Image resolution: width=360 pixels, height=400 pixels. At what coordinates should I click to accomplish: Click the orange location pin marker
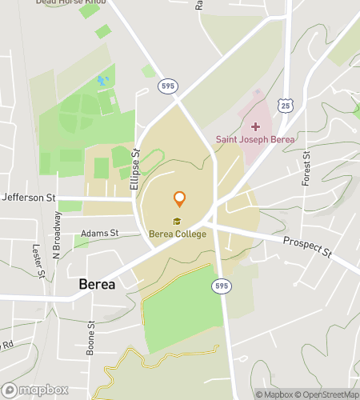[x=180, y=199]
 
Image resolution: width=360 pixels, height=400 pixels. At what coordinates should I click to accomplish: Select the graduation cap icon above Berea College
[x=177, y=222]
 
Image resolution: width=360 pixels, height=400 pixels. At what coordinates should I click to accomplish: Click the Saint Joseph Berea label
[x=255, y=139]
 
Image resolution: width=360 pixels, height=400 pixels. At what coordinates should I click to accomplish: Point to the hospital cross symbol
[x=255, y=126]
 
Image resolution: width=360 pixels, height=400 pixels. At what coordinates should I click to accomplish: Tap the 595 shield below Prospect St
[x=222, y=286]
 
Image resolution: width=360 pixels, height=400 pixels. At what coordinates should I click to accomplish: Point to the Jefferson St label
[x=28, y=197]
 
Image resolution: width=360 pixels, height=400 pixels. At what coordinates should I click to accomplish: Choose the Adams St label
[x=99, y=234]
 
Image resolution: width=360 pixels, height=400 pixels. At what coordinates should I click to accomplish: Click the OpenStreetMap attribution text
[x=327, y=394]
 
